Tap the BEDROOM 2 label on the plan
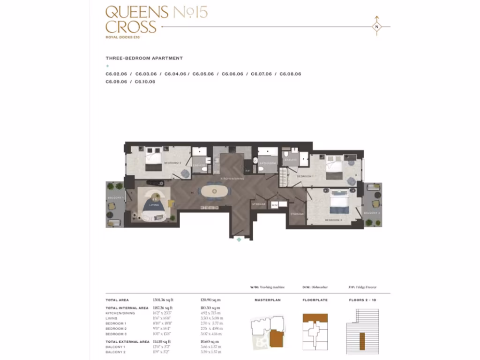tap(172, 163)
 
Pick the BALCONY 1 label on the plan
tap(116, 198)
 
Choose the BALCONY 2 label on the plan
tap(372, 213)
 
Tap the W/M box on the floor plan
tap(275, 205)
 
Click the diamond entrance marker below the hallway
tap(239, 240)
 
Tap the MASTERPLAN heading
tap(267, 300)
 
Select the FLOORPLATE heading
tap(315, 300)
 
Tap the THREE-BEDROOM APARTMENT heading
tap(144, 59)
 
